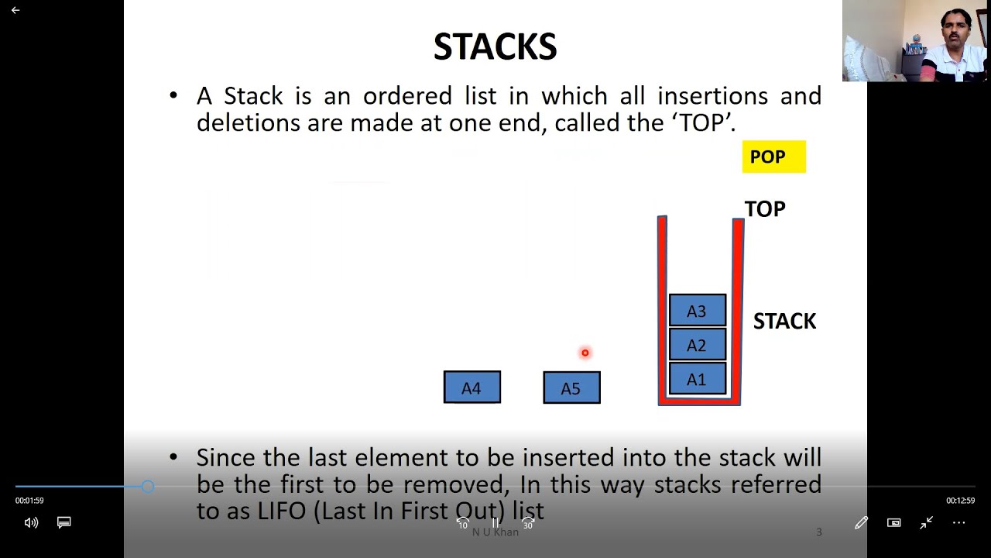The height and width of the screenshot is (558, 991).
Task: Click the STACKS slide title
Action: (495, 46)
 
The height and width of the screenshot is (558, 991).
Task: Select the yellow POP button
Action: (773, 157)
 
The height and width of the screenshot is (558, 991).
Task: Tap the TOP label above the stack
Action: (765, 209)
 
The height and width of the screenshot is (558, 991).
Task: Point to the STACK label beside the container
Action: (784, 321)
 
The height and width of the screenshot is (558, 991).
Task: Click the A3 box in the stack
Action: (698, 310)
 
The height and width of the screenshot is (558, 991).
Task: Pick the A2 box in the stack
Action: (698, 344)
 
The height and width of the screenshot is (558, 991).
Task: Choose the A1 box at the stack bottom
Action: (698, 378)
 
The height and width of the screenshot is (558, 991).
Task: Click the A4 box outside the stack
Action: (472, 387)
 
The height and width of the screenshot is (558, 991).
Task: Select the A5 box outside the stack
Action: (571, 387)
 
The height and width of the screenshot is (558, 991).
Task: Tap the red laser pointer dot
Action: (585, 353)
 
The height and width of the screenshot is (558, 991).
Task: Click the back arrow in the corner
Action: (15, 10)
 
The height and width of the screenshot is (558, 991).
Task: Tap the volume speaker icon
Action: (31, 523)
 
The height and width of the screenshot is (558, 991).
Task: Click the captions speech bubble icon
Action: (64, 522)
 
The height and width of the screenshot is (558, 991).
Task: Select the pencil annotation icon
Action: (861, 523)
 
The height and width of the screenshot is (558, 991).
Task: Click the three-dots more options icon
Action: (958, 523)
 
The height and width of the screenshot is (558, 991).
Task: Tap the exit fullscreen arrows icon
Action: (926, 523)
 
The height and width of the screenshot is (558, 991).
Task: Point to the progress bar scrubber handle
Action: (148, 486)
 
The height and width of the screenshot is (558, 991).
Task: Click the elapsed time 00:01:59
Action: (29, 501)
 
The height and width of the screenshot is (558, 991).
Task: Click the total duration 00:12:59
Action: (961, 501)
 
